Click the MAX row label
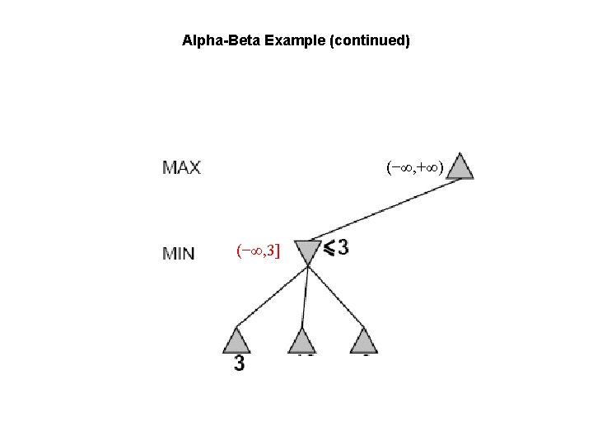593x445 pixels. point(181,167)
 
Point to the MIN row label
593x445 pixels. point(179,253)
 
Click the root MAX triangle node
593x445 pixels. point(461,167)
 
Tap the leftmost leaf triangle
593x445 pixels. point(236,340)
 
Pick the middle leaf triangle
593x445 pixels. point(302,340)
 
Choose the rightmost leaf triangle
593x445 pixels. point(363,340)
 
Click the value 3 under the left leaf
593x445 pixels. point(239,363)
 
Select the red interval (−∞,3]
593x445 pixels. point(258,251)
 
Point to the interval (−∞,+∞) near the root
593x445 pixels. point(415,168)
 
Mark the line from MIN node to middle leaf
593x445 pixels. point(305,295)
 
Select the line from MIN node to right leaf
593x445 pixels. point(336,295)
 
